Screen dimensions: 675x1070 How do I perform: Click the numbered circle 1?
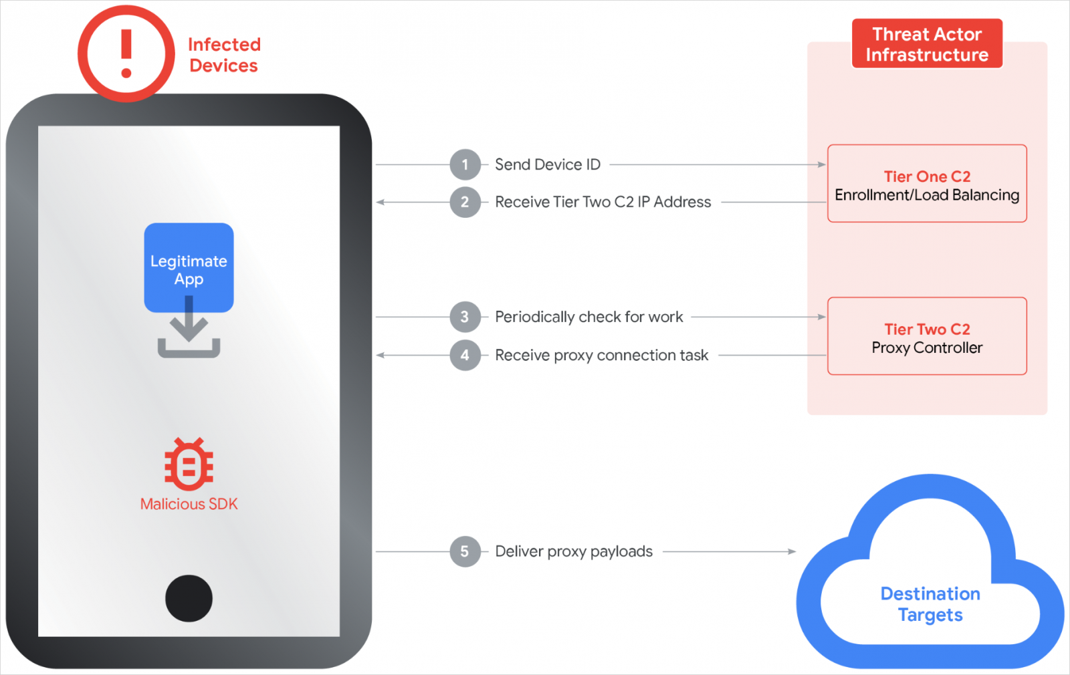(x=465, y=164)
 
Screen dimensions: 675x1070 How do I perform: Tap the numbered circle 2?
(x=465, y=202)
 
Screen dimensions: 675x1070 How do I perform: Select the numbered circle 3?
(x=465, y=317)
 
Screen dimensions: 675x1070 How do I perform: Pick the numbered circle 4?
(x=465, y=355)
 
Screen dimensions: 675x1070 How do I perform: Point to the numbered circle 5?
(x=465, y=551)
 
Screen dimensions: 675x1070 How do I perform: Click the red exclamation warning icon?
(x=126, y=53)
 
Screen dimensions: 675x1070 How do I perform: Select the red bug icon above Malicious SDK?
(x=189, y=464)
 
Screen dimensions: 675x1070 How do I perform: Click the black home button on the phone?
(x=189, y=598)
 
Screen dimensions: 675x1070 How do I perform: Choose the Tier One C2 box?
(x=927, y=184)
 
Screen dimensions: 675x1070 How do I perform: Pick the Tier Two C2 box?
(x=927, y=336)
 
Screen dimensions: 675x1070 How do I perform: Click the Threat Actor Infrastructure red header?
(x=927, y=44)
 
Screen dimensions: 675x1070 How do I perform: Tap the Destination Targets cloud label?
(x=930, y=604)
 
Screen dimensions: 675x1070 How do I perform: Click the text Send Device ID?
(x=548, y=164)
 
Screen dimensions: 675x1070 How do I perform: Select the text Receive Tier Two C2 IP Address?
(x=603, y=202)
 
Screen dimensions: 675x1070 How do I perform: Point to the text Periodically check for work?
(x=588, y=317)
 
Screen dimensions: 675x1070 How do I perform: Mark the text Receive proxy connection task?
(x=601, y=355)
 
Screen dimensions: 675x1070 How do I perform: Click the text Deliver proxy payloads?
(x=574, y=551)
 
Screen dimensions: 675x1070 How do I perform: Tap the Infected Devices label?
(x=224, y=55)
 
